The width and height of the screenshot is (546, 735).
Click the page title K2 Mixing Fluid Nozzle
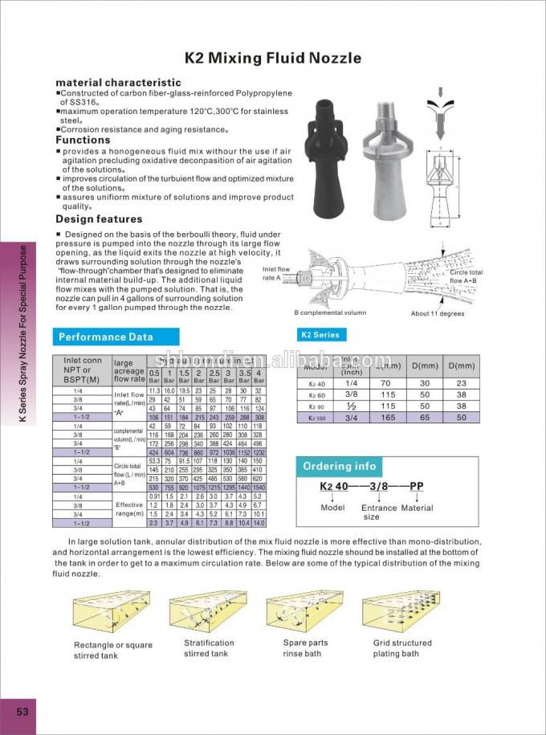[x=273, y=58]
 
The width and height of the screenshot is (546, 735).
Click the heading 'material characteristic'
[x=118, y=83]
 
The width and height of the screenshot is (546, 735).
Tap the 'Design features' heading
[x=99, y=219]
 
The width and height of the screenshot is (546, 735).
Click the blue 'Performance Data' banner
[x=105, y=337]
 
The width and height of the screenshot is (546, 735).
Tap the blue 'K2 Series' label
[x=320, y=335]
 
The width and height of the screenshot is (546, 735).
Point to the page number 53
[x=22, y=712]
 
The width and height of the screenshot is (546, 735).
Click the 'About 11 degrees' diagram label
[x=438, y=313]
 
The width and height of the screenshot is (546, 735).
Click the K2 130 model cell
[x=317, y=418]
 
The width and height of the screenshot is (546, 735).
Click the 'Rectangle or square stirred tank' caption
[x=112, y=650]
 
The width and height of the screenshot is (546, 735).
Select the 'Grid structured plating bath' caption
[x=402, y=648]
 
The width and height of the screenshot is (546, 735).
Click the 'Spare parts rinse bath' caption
[x=306, y=648]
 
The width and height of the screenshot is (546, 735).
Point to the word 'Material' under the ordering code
[x=417, y=508]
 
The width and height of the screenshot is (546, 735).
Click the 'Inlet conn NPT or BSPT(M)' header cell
[x=83, y=370]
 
